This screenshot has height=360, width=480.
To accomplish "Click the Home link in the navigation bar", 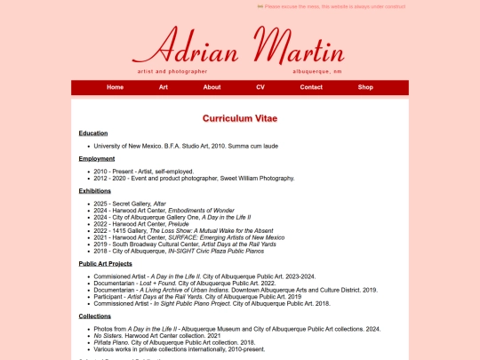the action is (116, 87).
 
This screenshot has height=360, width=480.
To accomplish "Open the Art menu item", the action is (164, 87).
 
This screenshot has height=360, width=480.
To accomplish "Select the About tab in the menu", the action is (212, 87).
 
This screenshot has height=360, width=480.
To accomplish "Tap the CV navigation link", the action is (260, 87).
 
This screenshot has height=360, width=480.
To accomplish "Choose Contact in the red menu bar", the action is (311, 87).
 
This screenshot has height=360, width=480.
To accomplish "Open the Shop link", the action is (365, 87).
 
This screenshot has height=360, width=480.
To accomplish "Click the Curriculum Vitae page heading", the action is (239, 117).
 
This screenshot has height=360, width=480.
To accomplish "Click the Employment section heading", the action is (97, 158).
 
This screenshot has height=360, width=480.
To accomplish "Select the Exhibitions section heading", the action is (95, 190).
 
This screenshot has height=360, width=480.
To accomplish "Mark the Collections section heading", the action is (95, 316).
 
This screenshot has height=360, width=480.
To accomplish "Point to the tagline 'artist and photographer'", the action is (172, 71).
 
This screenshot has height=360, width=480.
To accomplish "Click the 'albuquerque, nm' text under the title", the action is (316, 71).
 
